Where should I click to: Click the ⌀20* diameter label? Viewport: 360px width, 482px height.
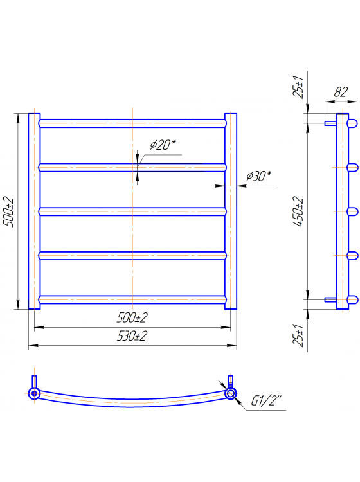click(163, 145)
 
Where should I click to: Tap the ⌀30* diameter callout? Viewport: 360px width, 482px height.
click(259, 176)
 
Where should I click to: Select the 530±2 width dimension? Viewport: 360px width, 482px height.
click(132, 336)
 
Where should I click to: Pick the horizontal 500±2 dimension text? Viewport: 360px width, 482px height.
click(132, 317)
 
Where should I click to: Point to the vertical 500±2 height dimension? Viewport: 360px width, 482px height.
click(8, 211)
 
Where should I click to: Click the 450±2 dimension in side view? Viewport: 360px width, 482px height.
click(298, 211)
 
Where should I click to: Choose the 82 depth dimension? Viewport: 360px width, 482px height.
click(341, 92)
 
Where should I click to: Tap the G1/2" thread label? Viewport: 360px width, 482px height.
click(266, 400)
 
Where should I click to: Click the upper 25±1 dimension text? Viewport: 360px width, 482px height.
click(298, 86)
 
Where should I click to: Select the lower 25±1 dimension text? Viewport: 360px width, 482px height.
click(298, 335)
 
